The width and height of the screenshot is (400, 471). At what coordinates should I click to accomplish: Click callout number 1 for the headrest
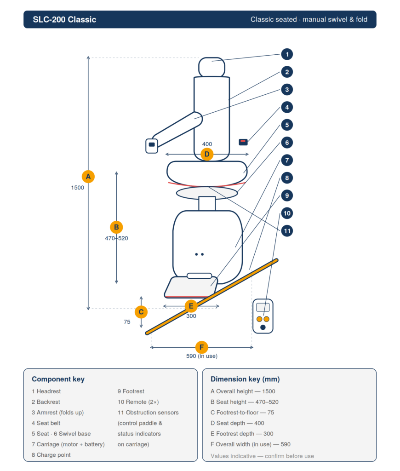(287, 54)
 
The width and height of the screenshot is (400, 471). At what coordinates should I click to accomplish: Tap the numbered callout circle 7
(287, 161)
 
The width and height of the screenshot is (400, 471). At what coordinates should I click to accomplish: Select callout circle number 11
(287, 231)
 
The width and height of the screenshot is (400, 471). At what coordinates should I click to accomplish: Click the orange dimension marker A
(88, 177)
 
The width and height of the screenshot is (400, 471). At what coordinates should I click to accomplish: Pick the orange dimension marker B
(116, 227)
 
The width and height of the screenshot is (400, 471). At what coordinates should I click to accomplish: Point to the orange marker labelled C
(141, 312)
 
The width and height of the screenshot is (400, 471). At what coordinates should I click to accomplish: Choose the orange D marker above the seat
(207, 154)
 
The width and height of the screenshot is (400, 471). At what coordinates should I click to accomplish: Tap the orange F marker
(201, 347)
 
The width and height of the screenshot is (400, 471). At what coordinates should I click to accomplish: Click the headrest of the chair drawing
(211, 67)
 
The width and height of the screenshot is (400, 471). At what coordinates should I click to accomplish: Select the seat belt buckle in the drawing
(243, 142)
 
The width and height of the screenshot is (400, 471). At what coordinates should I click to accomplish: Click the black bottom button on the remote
(263, 327)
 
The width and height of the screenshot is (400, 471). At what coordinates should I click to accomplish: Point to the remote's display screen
(263, 307)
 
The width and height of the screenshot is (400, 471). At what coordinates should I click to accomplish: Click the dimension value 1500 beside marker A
(78, 188)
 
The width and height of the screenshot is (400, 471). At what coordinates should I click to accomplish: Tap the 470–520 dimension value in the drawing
(116, 238)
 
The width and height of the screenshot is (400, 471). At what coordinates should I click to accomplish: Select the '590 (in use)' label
(202, 356)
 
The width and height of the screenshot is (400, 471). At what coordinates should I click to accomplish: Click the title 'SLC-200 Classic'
(64, 19)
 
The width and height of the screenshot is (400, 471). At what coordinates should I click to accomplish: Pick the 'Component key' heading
(58, 379)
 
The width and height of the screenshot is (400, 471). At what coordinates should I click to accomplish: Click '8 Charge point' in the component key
(51, 455)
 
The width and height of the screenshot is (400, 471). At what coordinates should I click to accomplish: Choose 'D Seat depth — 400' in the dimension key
(237, 423)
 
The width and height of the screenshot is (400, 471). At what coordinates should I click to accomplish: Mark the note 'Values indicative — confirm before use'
(262, 456)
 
